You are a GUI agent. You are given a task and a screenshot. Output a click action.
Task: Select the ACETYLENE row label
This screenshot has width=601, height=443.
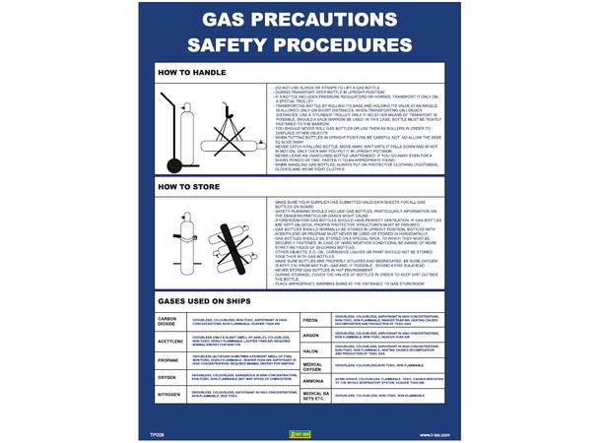169,342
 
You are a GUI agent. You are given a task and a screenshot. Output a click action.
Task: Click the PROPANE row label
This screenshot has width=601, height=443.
167,361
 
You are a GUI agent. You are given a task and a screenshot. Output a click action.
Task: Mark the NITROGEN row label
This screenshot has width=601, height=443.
168,394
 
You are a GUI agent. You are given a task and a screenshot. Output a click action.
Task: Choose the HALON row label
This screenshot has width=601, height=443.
308,351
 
